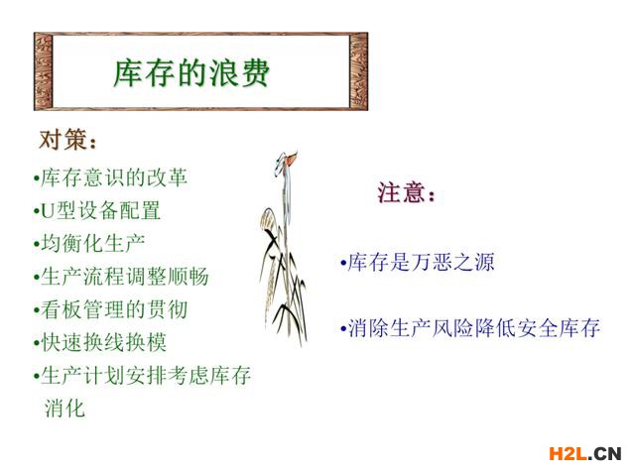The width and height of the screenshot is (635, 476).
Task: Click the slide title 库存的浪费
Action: click(x=191, y=73)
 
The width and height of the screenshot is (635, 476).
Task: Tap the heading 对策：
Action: click(x=68, y=140)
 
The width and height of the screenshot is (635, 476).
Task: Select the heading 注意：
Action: click(x=406, y=192)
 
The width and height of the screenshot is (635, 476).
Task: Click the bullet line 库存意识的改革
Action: click(x=110, y=178)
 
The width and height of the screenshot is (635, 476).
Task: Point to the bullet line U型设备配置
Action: click(x=97, y=210)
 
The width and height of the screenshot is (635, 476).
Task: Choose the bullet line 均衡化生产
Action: click(x=89, y=243)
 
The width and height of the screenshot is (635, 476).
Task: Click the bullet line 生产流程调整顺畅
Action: click(x=121, y=277)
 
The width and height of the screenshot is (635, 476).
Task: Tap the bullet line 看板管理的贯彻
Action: click(x=110, y=309)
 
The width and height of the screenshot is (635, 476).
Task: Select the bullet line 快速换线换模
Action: click(x=100, y=342)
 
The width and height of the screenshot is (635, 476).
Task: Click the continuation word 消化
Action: click(x=64, y=408)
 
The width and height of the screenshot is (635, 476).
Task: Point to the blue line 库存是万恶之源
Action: click(x=418, y=262)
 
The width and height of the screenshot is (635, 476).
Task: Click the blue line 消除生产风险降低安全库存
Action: click(x=470, y=328)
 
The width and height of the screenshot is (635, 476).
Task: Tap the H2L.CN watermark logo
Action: click(x=584, y=454)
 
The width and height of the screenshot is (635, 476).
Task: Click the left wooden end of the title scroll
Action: click(x=44, y=71)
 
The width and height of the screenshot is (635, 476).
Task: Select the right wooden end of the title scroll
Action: click(x=358, y=71)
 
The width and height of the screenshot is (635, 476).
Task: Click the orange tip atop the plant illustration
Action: click(x=291, y=159)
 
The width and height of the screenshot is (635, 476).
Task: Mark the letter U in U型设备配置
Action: click(x=48, y=211)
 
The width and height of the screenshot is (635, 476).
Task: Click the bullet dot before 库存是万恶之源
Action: click(x=343, y=263)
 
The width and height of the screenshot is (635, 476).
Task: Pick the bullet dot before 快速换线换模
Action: click(x=37, y=344)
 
